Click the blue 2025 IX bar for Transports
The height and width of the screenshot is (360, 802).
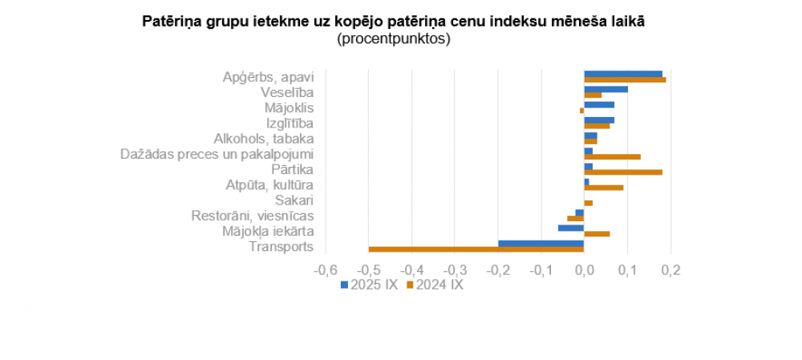point(541,243)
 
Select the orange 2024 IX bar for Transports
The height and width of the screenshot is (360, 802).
point(476,249)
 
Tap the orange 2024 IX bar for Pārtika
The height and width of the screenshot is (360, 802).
point(623,172)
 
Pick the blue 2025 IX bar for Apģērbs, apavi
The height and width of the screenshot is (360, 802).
point(623,74)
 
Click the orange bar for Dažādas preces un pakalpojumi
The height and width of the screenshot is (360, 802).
point(612,156)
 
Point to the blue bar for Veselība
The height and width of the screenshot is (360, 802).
point(606,89)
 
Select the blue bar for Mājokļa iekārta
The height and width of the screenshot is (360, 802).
point(571,228)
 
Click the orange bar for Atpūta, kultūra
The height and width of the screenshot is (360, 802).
point(603,188)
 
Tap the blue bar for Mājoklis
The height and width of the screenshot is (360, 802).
point(599,104)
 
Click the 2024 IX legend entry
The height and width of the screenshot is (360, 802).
point(435,284)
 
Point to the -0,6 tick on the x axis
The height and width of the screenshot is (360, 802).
point(325,270)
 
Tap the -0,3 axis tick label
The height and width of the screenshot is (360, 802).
point(454,270)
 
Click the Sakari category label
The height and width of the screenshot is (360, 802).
point(294,200)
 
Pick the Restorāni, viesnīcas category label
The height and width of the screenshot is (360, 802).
point(252,216)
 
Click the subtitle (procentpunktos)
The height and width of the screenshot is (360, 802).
point(393,38)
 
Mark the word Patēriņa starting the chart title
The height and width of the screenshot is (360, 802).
point(168,22)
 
